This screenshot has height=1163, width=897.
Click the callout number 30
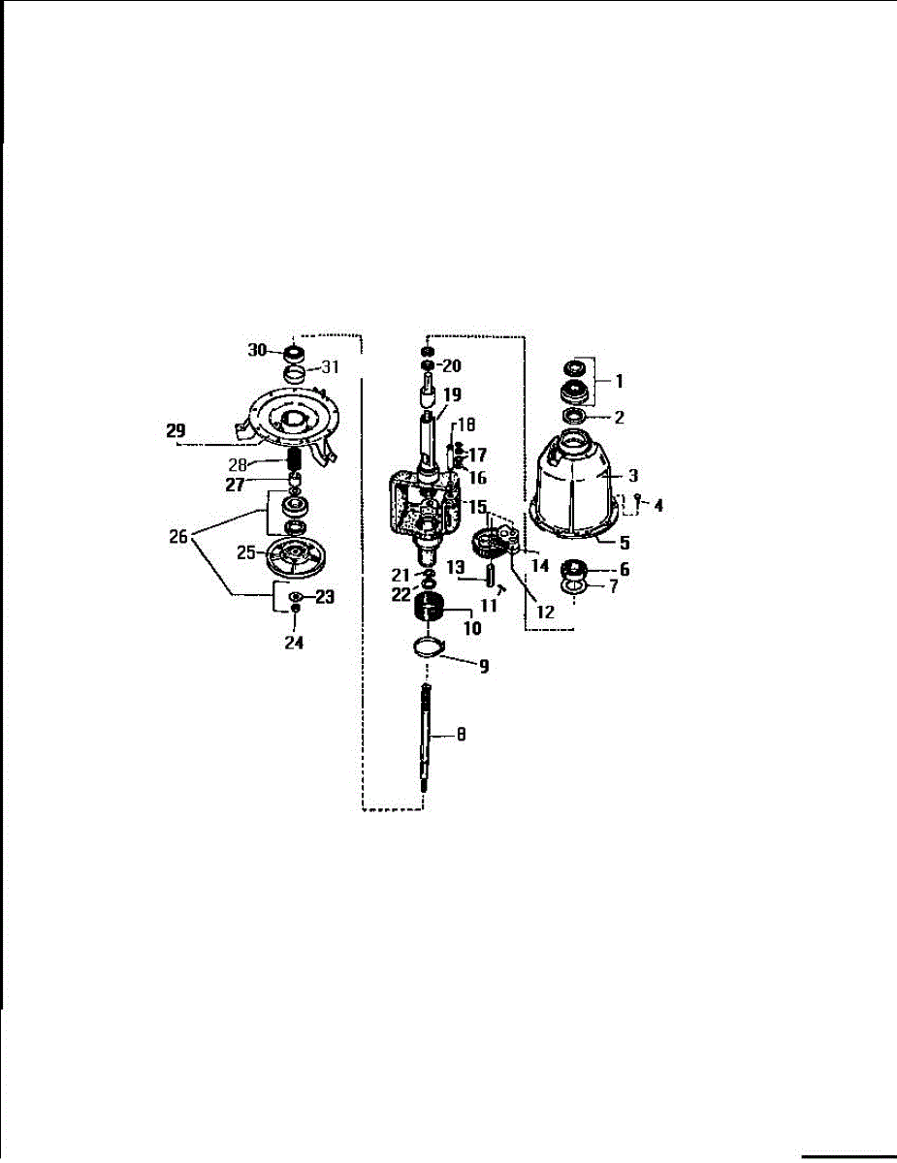257,350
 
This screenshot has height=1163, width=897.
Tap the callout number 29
176,431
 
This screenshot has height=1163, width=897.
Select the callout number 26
177,536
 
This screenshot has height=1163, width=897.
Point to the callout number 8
461,736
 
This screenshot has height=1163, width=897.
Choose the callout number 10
472,627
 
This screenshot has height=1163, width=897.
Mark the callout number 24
294,643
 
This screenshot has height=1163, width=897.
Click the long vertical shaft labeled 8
426,741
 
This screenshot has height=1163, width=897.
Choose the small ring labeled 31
294,374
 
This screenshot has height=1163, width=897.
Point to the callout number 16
478,478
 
